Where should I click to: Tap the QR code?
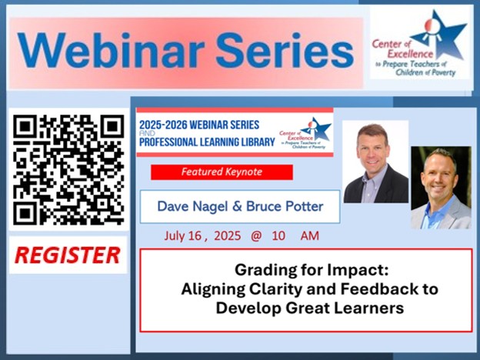coord(68,169)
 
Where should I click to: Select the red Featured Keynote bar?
coord(222,172)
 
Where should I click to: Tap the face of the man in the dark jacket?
coord(375,150)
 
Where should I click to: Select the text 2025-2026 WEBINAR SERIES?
coord(199,125)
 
